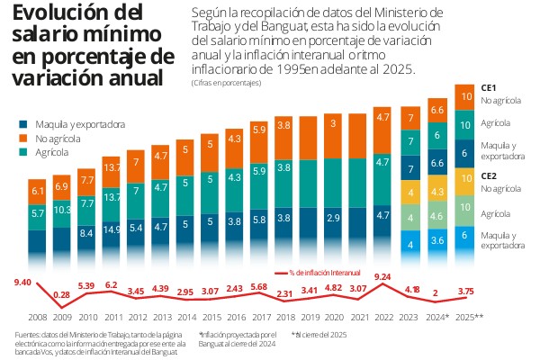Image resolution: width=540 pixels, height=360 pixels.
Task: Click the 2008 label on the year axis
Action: [38, 318]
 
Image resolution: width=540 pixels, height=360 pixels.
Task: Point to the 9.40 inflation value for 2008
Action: [22, 283]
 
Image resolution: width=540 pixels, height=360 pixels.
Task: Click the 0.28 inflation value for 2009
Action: [62, 294]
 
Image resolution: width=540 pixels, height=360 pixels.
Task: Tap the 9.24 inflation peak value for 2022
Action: [382, 276]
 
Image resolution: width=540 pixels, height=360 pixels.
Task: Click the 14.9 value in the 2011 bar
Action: [112, 229]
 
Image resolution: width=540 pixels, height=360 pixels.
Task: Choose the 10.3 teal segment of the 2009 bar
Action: [63, 209]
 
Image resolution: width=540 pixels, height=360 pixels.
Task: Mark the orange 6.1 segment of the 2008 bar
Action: [38, 192]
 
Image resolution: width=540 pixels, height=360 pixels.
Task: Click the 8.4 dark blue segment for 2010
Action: [87, 233]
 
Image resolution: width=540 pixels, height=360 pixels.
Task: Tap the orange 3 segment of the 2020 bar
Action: [333, 123]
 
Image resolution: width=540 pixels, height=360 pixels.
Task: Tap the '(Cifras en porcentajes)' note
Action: [226, 83]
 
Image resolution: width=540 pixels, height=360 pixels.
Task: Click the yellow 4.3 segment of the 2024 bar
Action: [438, 193]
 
